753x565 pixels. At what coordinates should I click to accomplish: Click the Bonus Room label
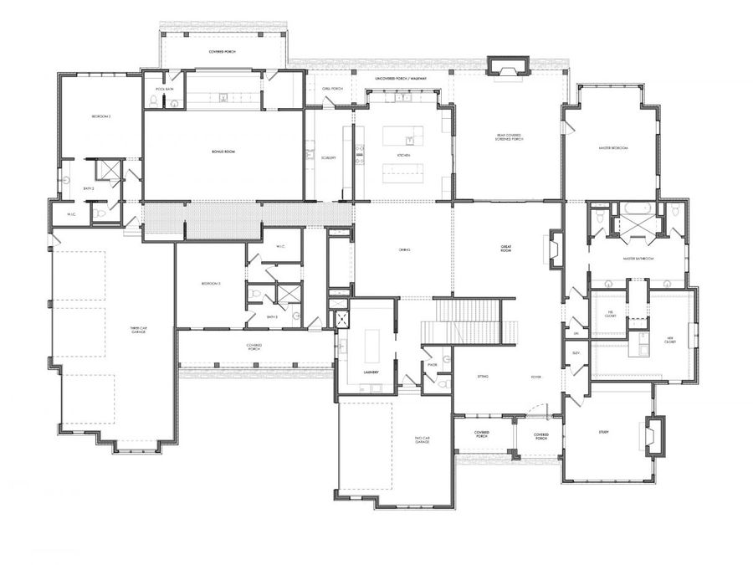click(x=223, y=151)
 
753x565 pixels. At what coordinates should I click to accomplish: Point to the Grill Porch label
click(x=332, y=89)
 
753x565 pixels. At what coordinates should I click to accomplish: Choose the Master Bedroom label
click(x=613, y=148)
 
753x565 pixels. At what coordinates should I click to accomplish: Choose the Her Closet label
click(x=669, y=339)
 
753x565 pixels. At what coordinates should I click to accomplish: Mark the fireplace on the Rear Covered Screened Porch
click(x=508, y=67)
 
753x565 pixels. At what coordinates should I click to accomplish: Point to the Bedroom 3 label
click(x=210, y=285)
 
